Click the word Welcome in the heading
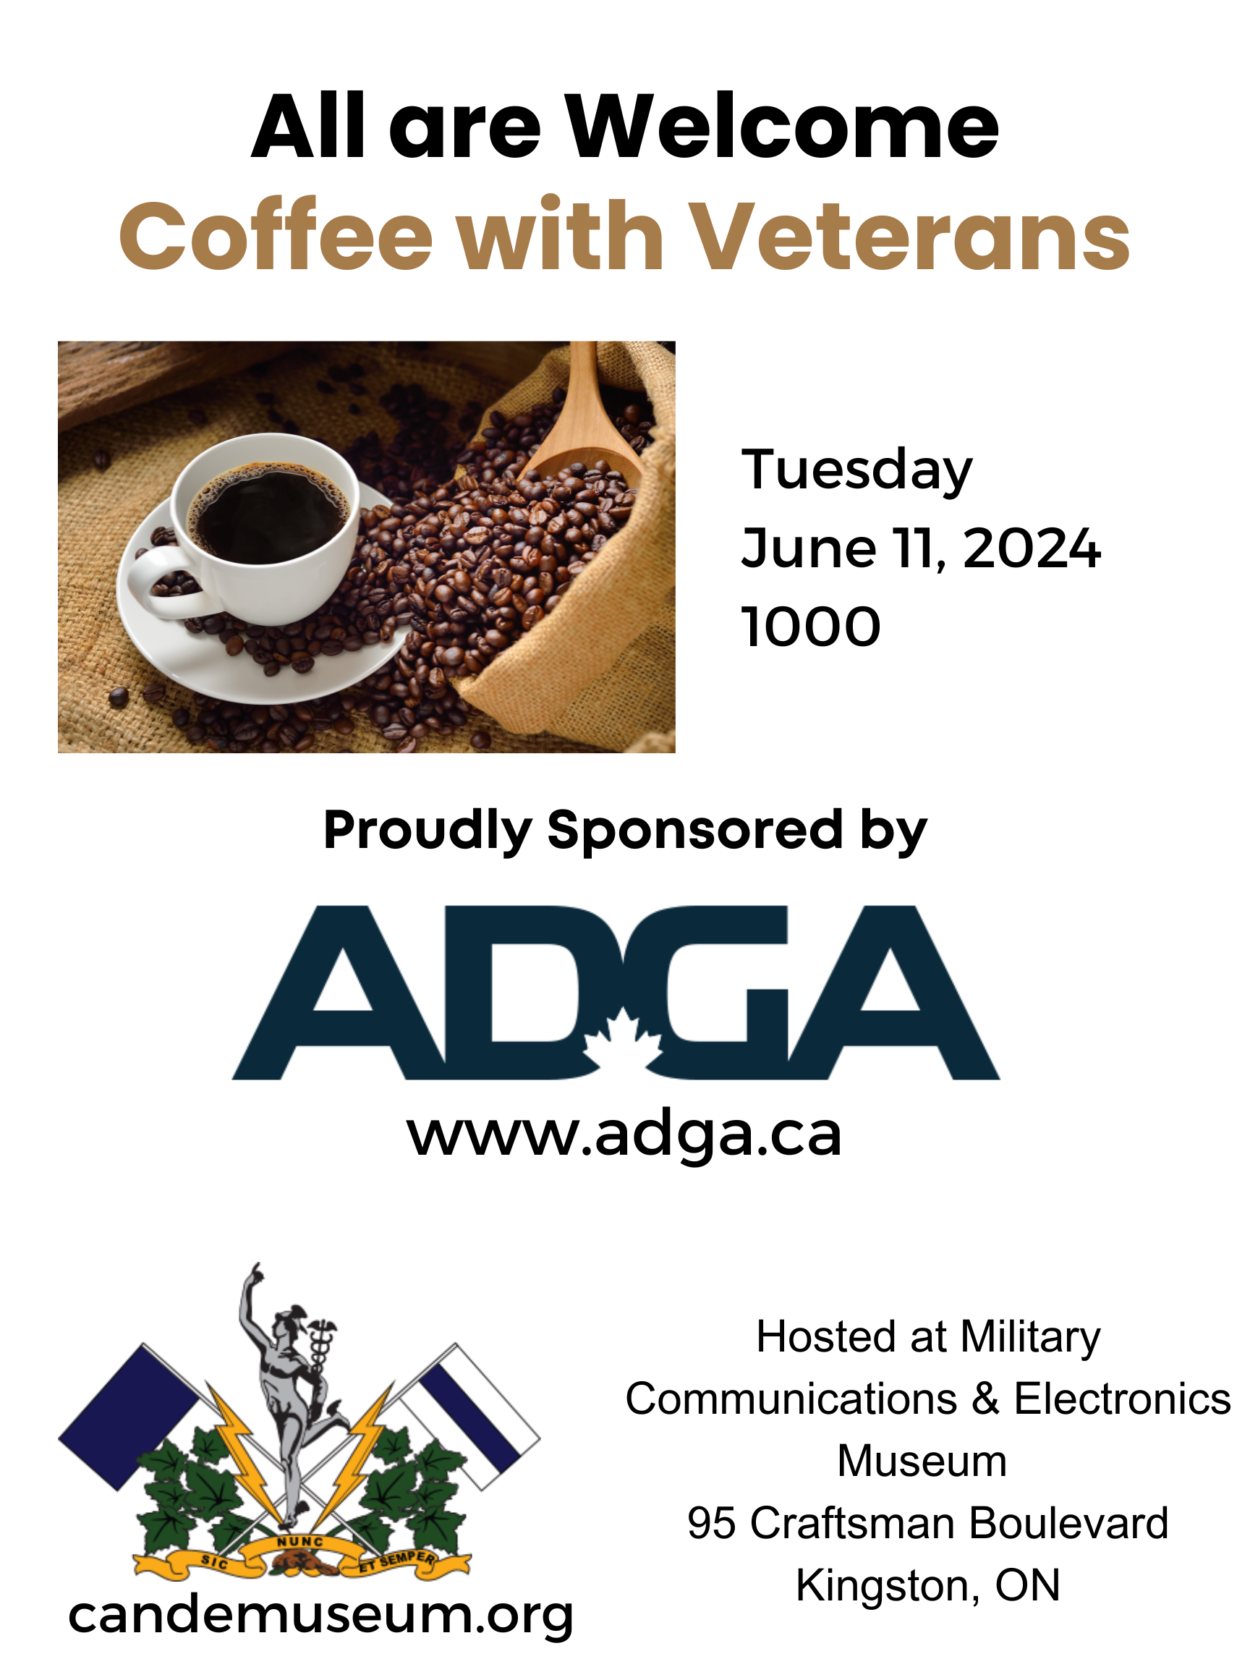click(783, 126)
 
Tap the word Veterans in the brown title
click(909, 236)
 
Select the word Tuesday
click(856, 470)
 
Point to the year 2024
click(1032, 548)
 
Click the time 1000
click(811, 627)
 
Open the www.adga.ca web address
click(624, 1135)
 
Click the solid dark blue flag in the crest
click(129, 1417)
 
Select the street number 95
click(710, 1522)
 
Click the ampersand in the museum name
click(985, 1399)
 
